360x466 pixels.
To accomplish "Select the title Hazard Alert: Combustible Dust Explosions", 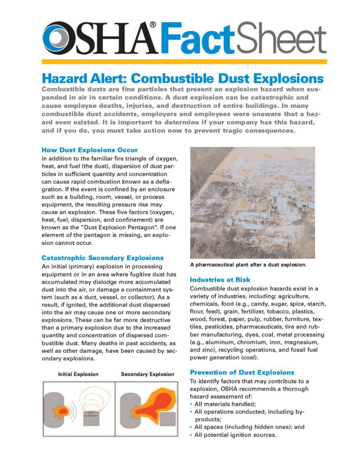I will (183, 78).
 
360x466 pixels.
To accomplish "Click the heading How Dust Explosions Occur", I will (90, 150).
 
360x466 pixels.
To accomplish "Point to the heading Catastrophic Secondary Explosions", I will (102, 258).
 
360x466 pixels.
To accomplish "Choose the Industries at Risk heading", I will (220, 279).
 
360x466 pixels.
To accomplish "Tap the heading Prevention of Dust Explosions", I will (242, 372).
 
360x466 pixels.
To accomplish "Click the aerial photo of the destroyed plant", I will (252, 203).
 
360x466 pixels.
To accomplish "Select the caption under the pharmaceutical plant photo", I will (248, 264).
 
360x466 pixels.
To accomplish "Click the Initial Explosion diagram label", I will (78, 374).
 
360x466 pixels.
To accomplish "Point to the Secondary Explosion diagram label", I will (147, 374).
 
